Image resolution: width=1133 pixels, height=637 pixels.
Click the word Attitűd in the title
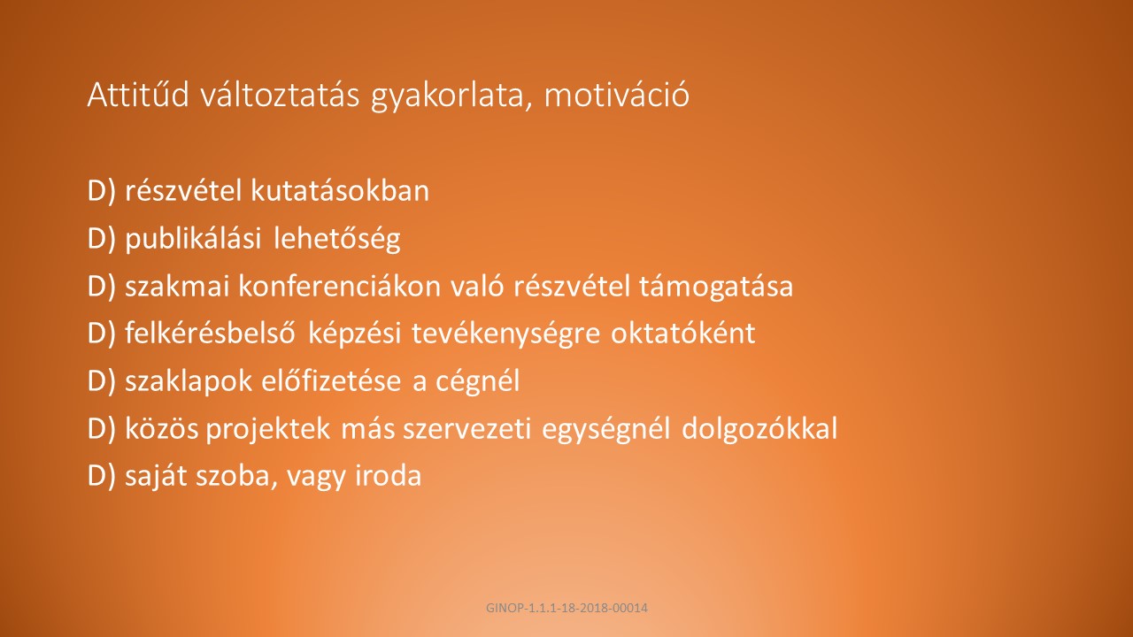click(x=138, y=94)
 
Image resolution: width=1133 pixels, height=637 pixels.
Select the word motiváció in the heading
click(x=617, y=95)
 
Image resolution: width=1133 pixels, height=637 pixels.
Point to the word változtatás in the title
click(x=281, y=94)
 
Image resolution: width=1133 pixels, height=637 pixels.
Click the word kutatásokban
click(x=340, y=190)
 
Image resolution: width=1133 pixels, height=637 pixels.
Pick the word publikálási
click(x=193, y=240)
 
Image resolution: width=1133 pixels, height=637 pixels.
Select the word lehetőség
click(x=337, y=240)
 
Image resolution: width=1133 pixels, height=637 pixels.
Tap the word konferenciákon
click(x=340, y=286)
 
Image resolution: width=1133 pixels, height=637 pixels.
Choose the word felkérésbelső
click(x=210, y=334)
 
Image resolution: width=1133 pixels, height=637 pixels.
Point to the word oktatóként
click(x=683, y=334)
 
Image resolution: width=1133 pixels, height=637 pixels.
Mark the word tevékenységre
click(x=505, y=334)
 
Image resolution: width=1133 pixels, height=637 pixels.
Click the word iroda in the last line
click(x=389, y=476)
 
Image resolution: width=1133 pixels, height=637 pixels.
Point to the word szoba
click(x=236, y=477)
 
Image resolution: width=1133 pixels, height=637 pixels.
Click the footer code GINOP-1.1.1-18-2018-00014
click(x=566, y=608)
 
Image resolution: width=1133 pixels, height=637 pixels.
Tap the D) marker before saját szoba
click(x=102, y=477)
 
